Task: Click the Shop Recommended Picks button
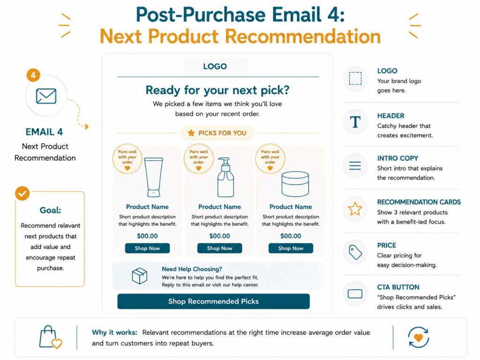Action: coord(213,301)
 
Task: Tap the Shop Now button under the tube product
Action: coord(147,248)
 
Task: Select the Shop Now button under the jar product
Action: coord(291,248)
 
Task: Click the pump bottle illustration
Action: coord(225,177)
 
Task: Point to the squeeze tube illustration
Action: coord(153,177)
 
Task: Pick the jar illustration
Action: coord(295,184)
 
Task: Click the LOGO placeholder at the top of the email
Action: coord(215,66)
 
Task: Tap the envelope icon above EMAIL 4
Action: coord(46,96)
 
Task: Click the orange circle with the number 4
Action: coord(33,75)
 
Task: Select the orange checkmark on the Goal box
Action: coord(22,194)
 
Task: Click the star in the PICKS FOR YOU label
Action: coord(191,133)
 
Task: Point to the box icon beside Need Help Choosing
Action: coord(140,276)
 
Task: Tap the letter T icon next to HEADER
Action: coord(355,122)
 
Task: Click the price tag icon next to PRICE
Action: coord(355,252)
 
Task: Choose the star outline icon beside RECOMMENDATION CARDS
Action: coord(355,209)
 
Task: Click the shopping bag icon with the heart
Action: coord(50,337)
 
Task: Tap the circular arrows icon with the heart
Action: coord(419,337)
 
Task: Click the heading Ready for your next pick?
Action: coord(217,90)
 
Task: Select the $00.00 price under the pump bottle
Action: coord(219,236)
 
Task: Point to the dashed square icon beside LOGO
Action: coord(355,78)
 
